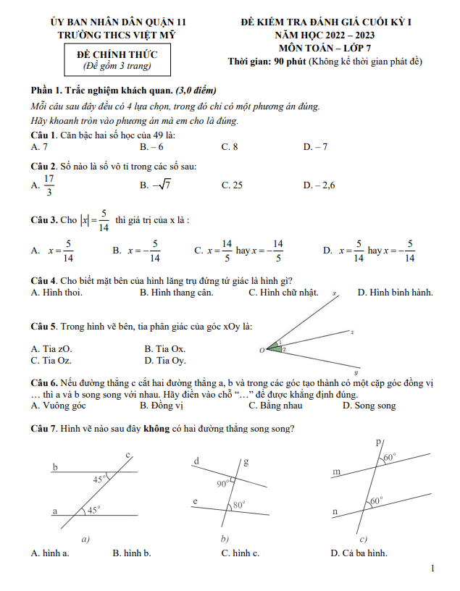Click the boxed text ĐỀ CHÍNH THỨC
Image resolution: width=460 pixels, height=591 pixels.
(117, 54)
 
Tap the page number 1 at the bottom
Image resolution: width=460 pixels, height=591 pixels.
(432, 569)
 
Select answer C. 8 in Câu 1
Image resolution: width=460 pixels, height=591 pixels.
(230, 146)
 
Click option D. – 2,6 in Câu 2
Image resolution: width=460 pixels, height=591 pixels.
(319, 185)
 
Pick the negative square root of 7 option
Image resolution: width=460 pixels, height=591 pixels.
(156, 185)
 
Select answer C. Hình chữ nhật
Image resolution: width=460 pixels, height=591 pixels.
(283, 293)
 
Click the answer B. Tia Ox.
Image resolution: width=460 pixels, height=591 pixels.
(164, 348)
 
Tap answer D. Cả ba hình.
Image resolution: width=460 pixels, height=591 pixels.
(358, 553)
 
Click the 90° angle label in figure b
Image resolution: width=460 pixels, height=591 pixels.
(222, 483)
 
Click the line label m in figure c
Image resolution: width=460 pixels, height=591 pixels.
(335, 471)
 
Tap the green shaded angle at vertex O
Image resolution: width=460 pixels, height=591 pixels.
(276, 348)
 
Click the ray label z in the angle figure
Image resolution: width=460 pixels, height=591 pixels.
(351, 332)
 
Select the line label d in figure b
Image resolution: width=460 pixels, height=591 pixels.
(196, 461)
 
